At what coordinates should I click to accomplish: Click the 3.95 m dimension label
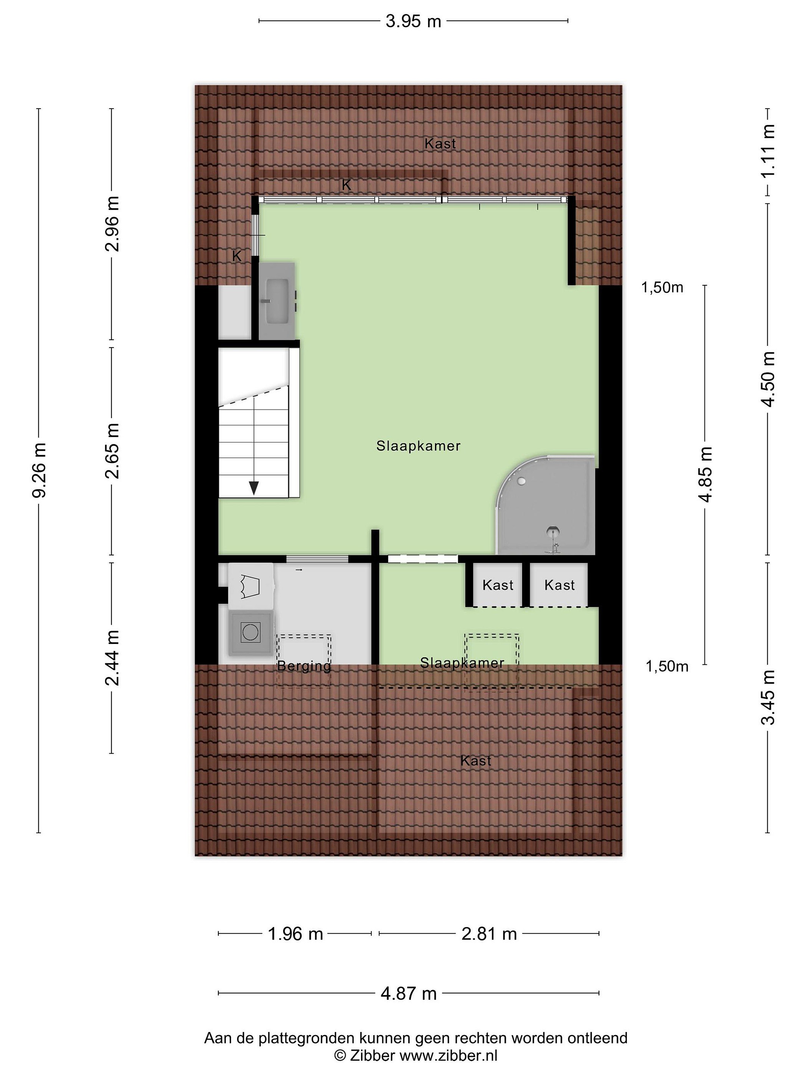(x=413, y=21)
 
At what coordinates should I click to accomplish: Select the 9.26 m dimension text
(x=39, y=470)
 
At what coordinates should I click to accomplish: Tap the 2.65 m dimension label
(x=112, y=451)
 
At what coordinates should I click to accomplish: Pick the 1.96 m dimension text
(x=296, y=934)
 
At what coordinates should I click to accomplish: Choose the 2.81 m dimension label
(x=489, y=934)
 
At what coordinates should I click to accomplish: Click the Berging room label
(x=304, y=667)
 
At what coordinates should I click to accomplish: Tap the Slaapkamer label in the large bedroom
(x=418, y=446)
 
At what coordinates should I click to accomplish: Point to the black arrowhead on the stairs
(x=254, y=487)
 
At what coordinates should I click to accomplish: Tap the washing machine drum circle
(x=250, y=632)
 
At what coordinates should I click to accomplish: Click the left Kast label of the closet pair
(x=498, y=585)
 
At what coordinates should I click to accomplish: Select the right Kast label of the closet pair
(x=559, y=585)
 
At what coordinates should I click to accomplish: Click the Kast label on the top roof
(x=440, y=143)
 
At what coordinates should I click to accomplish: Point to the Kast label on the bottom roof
(x=476, y=761)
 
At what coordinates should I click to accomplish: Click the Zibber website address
(x=449, y=1056)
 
